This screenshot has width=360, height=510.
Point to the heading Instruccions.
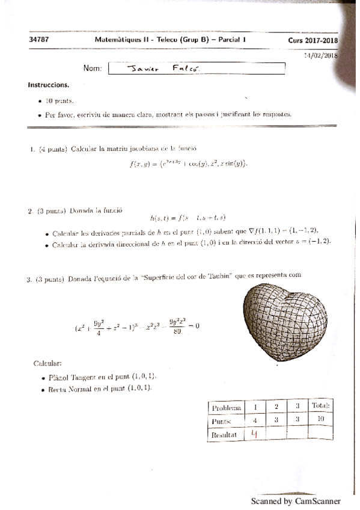[48, 85]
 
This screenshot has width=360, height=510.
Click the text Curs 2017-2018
[313, 40]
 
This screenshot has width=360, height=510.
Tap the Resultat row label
[224, 434]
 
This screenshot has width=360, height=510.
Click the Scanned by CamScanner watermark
[296, 501]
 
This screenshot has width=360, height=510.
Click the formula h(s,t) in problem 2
[188, 218]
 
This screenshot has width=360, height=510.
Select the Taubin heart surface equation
[137, 327]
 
